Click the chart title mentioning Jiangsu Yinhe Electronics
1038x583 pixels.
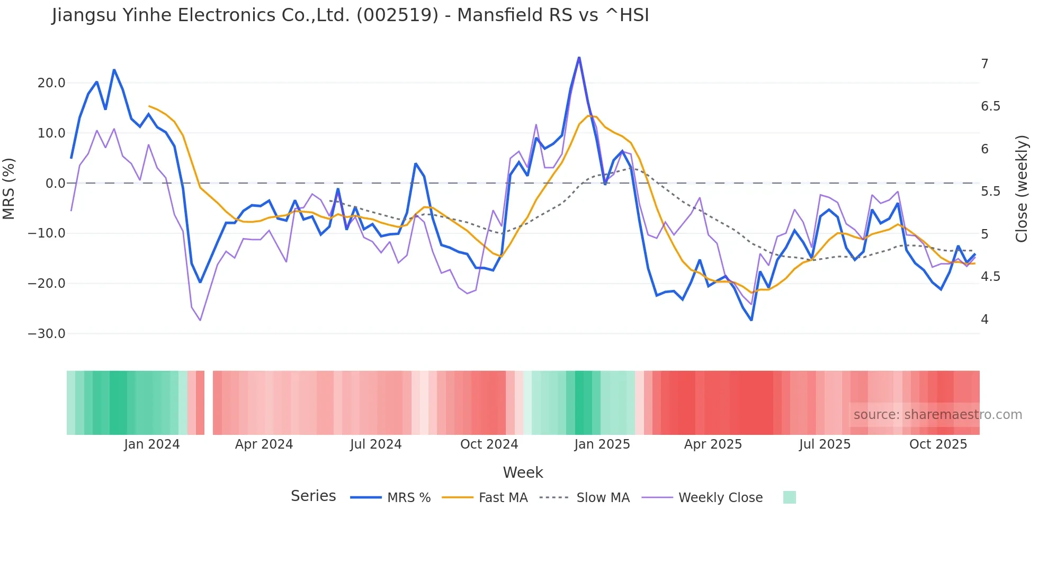click(350, 15)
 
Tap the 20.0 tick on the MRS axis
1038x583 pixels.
click(51, 83)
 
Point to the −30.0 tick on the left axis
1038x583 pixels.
click(47, 334)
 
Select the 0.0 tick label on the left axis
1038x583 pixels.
click(55, 184)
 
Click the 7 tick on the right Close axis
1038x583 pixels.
click(985, 64)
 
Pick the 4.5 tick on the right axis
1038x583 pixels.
click(990, 277)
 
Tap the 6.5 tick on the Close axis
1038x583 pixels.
click(990, 106)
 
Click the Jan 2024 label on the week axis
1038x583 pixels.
click(152, 444)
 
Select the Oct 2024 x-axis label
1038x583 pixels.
click(489, 444)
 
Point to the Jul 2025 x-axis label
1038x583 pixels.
click(825, 444)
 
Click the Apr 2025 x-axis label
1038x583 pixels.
click(713, 444)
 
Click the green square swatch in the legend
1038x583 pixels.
click(789, 497)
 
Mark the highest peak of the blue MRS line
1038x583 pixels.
click(579, 58)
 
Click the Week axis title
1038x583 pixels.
click(523, 472)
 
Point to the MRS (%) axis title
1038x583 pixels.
click(9, 188)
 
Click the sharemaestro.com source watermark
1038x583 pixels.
click(937, 415)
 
